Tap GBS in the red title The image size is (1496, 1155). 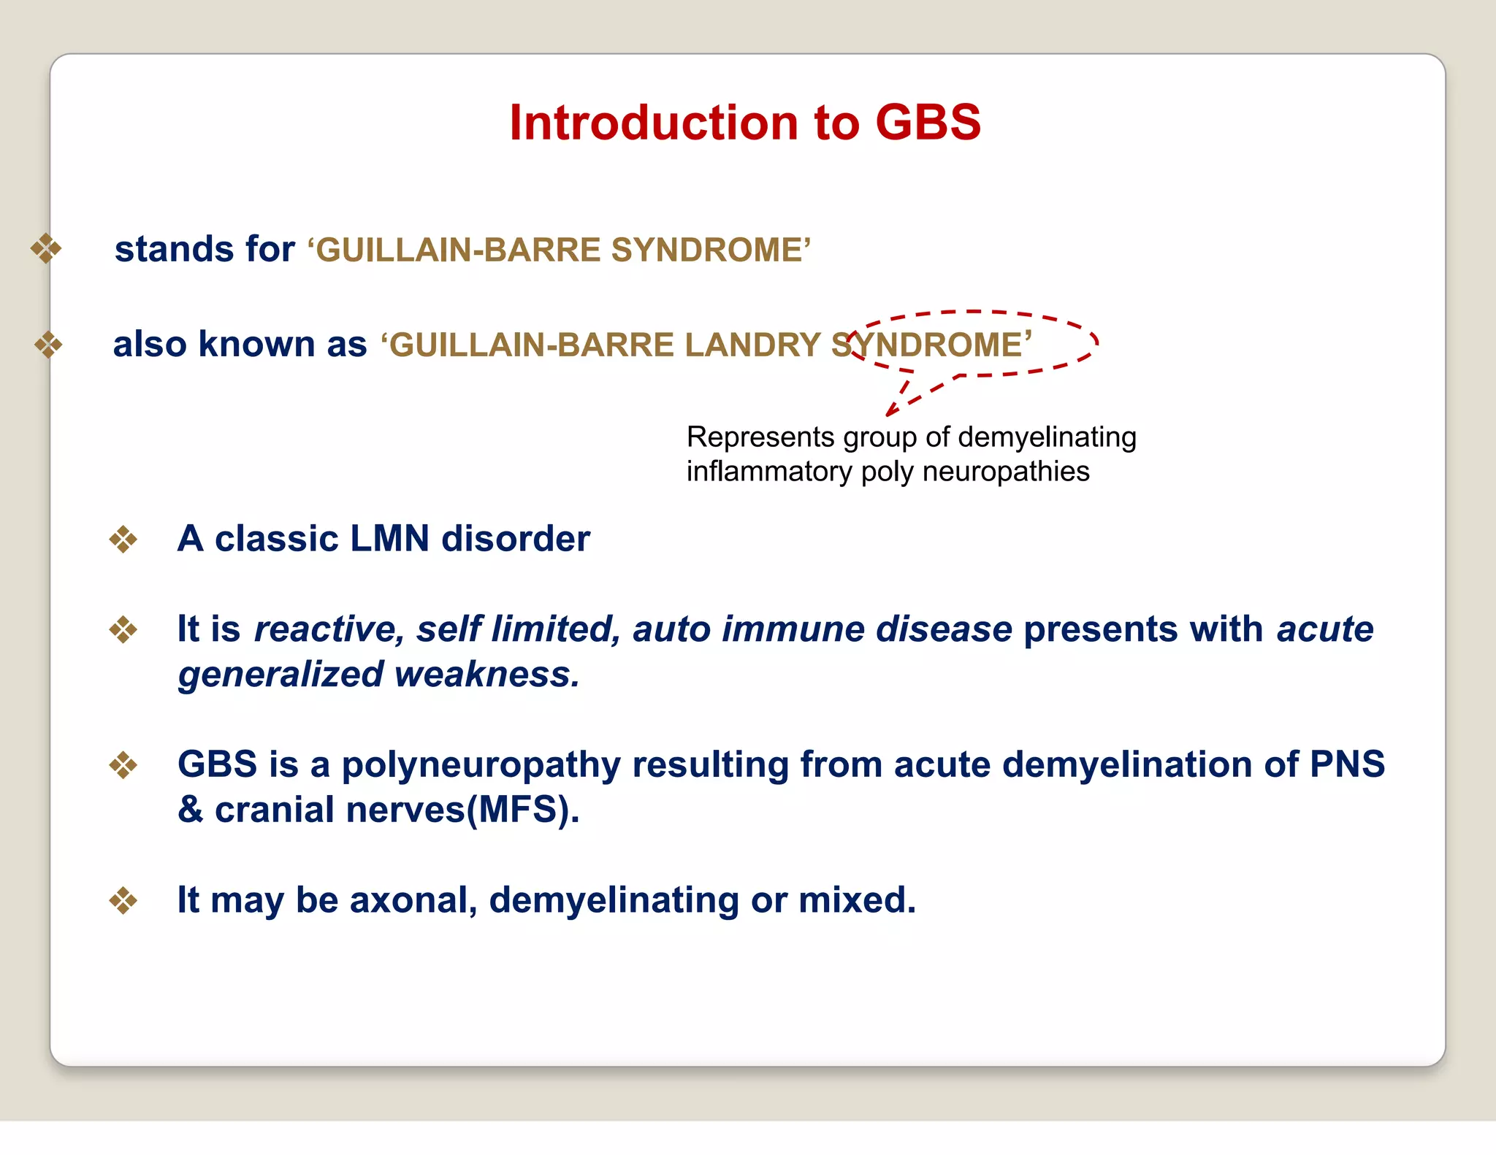tap(928, 122)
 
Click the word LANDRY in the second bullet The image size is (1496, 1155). tap(752, 345)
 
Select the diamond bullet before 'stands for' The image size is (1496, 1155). tap(46, 248)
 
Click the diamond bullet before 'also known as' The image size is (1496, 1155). tap(48, 345)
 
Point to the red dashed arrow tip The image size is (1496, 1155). tap(889, 413)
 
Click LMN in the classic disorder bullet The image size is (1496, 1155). tap(389, 539)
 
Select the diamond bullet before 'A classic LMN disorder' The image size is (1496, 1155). tap(123, 540)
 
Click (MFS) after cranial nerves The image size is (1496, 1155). tap(522, 810)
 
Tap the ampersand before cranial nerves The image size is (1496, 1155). tap(191, 810)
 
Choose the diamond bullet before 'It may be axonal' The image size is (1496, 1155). tap(123, 900)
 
